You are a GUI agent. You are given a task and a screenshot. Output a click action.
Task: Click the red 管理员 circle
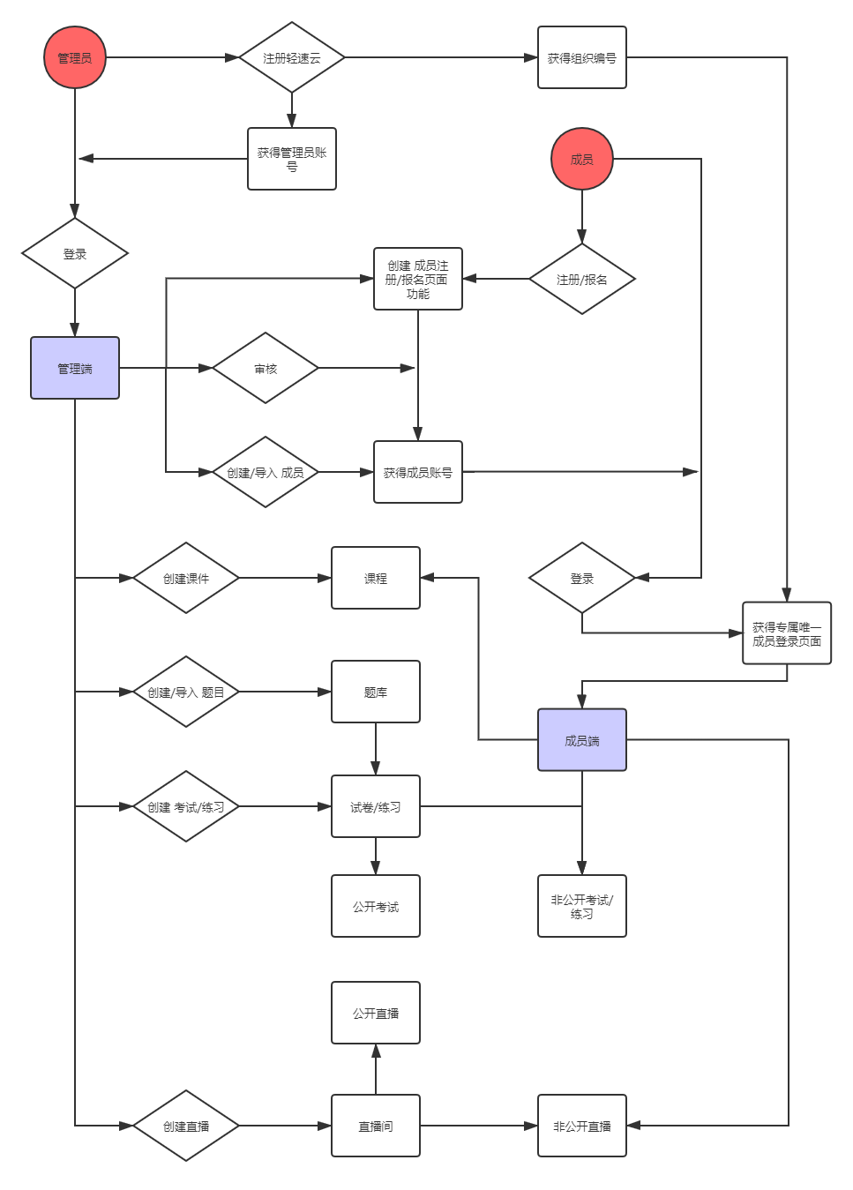[75, 58]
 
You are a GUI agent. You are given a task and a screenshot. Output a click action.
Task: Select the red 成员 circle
[581, 160]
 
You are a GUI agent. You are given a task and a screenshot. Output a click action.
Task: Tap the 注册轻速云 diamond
[292, 58]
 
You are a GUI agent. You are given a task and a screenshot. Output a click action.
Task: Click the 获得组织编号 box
[581, 58]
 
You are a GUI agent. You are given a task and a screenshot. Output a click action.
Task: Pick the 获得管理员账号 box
[292, 159]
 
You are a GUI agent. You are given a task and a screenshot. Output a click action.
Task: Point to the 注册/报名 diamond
[581, 280]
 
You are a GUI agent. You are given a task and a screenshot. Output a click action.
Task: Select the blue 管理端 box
[75, 368]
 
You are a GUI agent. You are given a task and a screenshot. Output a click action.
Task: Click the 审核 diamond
[266, 369]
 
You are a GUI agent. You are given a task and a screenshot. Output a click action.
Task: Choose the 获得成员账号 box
[418, 472]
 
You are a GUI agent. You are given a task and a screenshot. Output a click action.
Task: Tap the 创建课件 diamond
[186, 579]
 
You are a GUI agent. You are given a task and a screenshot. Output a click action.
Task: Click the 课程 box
[376, 578]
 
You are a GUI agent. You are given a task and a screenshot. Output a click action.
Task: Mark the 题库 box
[376, 692]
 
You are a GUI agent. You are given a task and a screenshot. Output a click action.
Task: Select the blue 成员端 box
[581, 740]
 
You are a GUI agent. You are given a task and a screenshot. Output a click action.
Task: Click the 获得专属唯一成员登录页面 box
[787, 633]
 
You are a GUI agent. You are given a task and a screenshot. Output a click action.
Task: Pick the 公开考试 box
[376, 906]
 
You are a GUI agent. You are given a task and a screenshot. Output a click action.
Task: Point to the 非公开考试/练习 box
[581, 906]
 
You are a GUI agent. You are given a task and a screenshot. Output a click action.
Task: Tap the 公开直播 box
[376, 1013]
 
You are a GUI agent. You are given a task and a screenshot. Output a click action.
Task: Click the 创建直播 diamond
[186, 1126]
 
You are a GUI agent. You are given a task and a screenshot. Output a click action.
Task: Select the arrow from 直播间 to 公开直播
[376, 1069]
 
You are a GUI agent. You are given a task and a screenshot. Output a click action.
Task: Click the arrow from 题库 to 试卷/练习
[376, 749]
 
